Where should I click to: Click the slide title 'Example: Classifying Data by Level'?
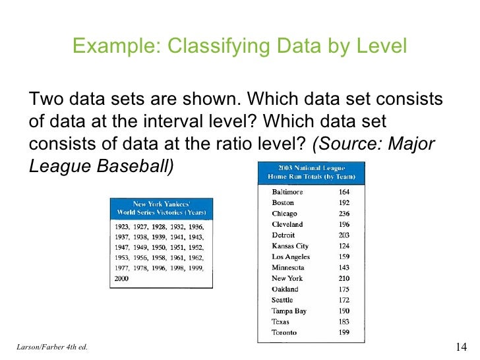tap(239, 46)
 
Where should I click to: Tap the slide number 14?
tap(461, 347)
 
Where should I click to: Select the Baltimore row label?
tap(287, 192)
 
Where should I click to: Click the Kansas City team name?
tap(290, 246)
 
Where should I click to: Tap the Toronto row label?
tap(285, 332)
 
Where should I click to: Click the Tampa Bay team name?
tap(289, 311)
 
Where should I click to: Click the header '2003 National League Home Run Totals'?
tap(311, 173)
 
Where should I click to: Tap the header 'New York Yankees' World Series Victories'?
tap(161, 208)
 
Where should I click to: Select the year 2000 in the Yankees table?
tap(122, 279)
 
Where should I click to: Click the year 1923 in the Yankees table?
tap(122, 226)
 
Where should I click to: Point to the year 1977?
tap(122, 268)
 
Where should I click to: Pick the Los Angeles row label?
tap(291, 256)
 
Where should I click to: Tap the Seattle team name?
tap(284, 300)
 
